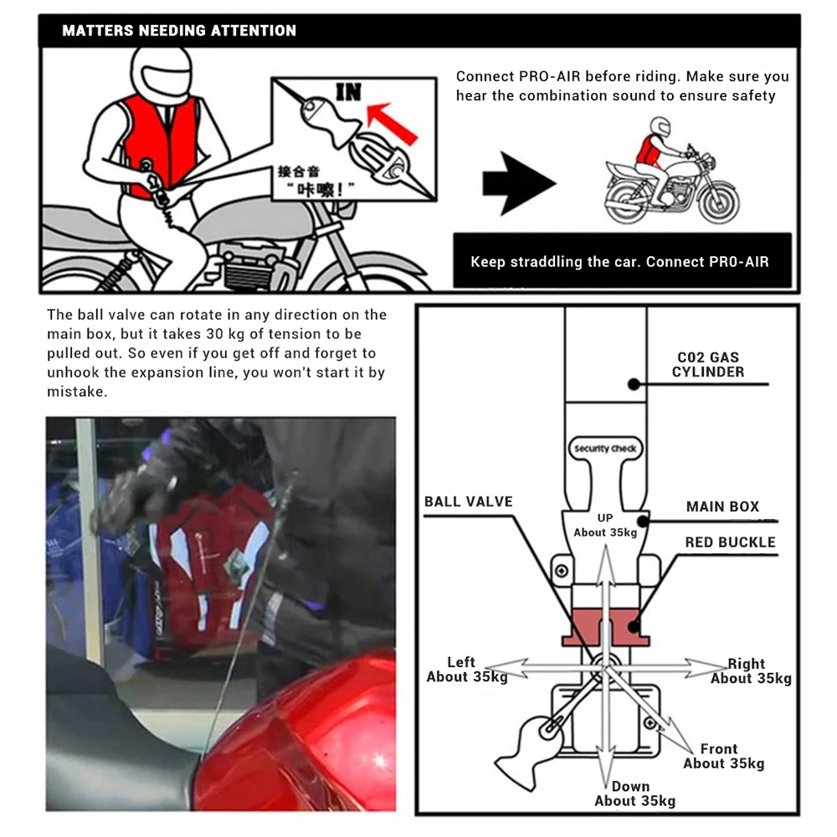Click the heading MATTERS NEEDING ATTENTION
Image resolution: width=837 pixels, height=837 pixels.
click(179, 31)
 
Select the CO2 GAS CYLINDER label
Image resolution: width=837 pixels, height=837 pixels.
click(707, 364)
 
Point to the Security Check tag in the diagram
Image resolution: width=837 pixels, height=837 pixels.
click(605, 449)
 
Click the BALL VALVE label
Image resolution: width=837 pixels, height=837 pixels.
click(468, 502)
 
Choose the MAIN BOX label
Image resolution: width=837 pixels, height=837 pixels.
click(722, 506)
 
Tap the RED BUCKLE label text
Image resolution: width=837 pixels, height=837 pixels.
click(730, 542)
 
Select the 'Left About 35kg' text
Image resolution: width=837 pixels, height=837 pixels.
click(466, 670)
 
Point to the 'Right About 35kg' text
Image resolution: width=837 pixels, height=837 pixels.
click(750, 671)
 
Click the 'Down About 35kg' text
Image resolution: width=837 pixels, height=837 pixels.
click(634, 793)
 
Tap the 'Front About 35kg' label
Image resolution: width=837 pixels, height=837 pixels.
click(722, 756)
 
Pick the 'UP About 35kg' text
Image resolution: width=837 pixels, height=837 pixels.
click(605, 526)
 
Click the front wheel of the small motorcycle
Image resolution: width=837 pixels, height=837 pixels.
click(716, 201)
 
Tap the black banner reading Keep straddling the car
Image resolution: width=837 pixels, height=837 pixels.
click(619, 261)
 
